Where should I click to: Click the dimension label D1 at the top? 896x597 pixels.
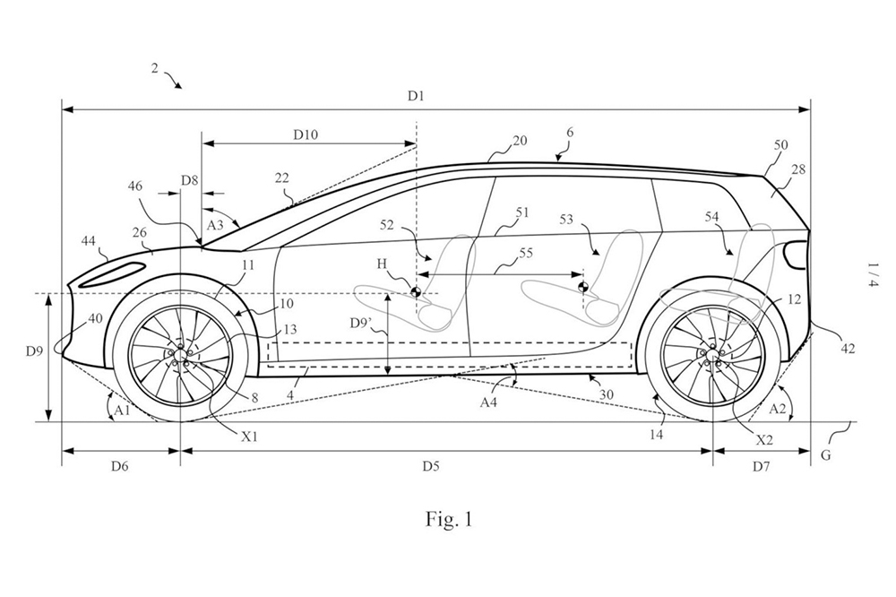[x=414, y=94]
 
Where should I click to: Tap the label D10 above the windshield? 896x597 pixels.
[x=306, y=134]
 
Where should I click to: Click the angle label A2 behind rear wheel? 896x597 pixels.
[x=781, y=407]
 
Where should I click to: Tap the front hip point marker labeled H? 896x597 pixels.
[x=415, y=290]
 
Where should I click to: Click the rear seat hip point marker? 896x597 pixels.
[x=583, y=288]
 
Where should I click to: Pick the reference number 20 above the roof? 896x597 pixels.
[x=520, y=141]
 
